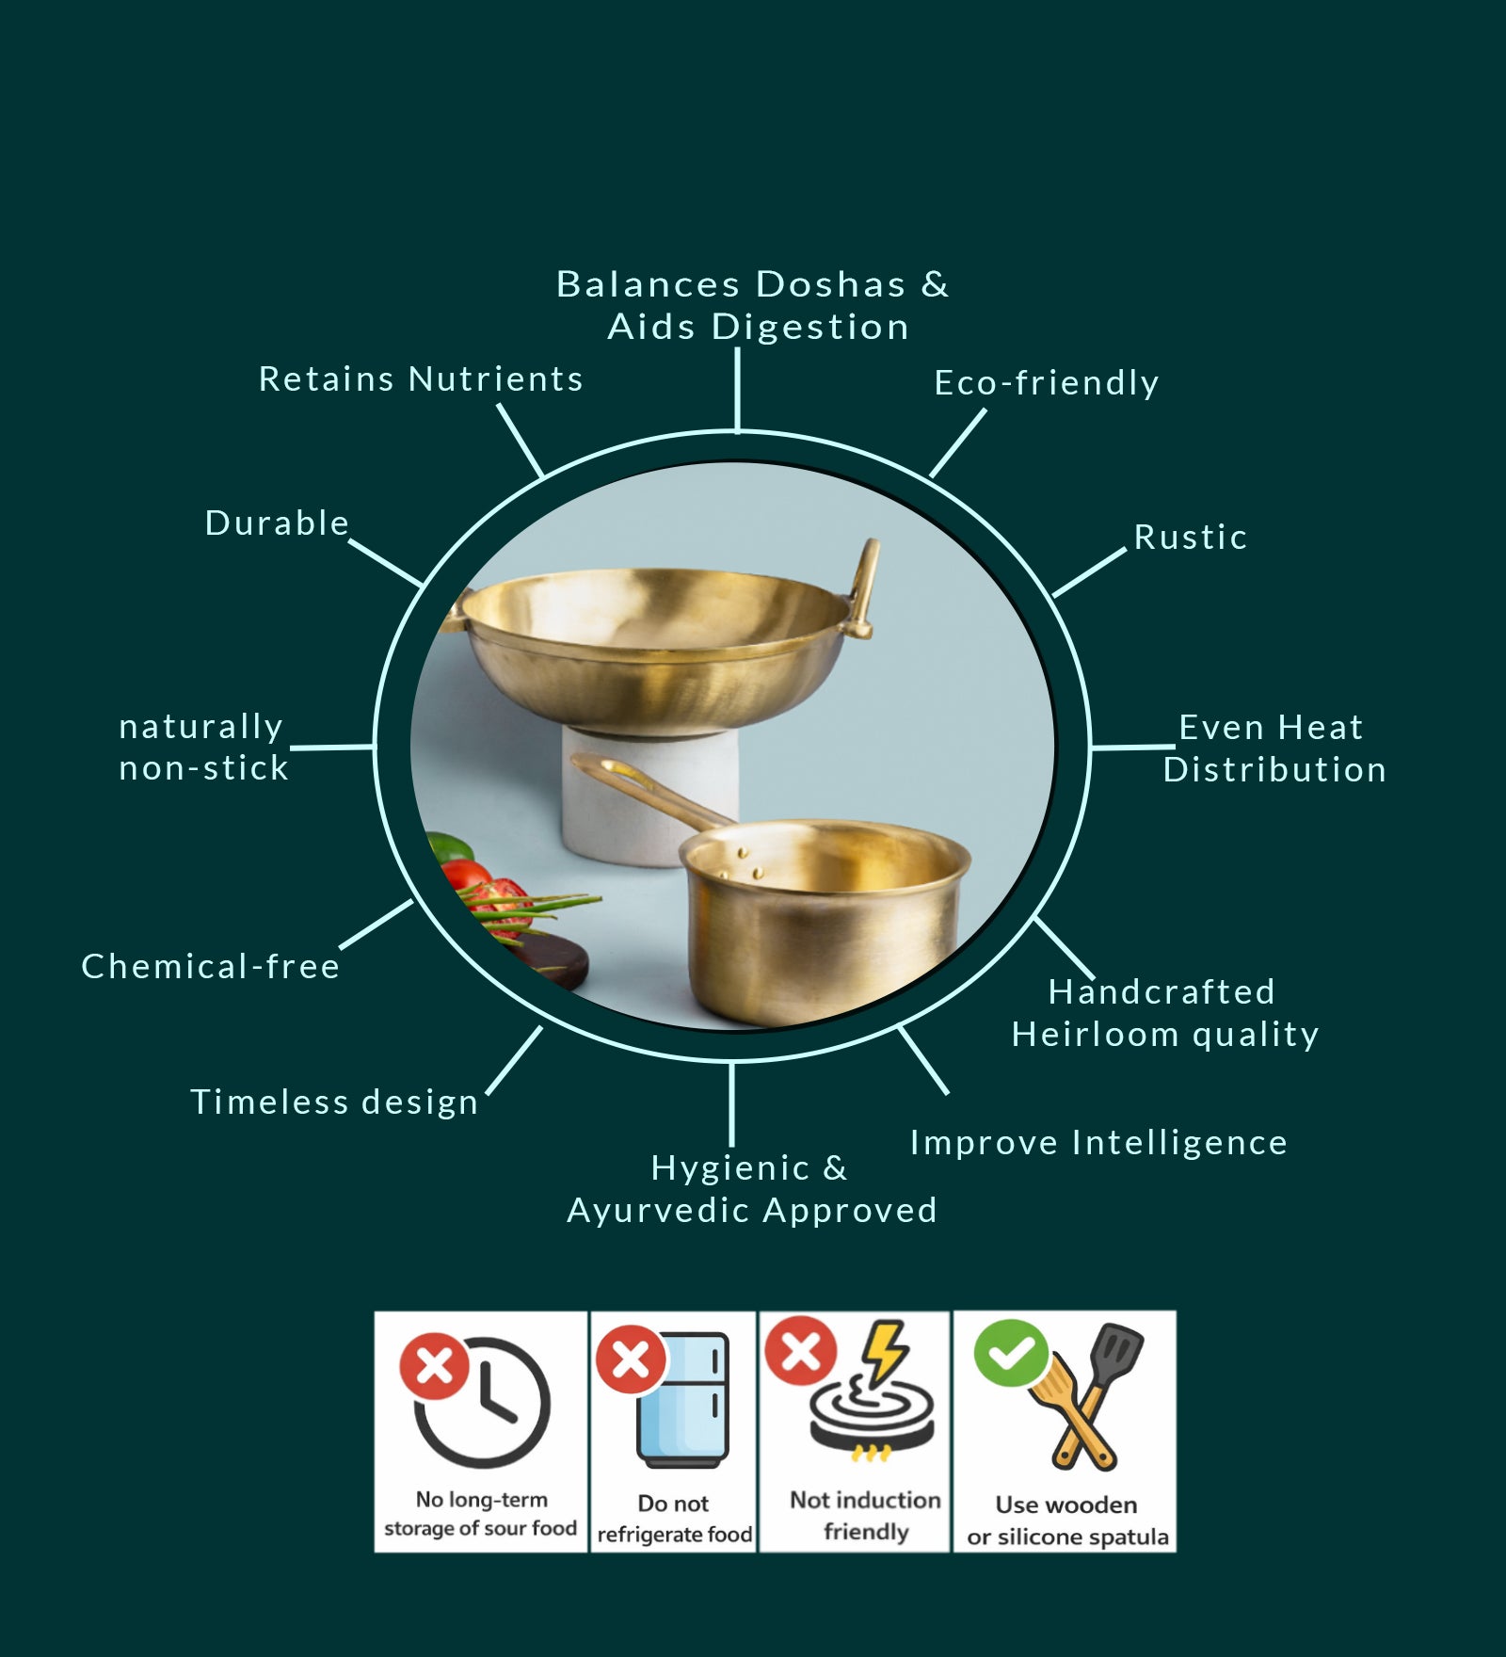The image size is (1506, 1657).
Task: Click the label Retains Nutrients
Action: point(421,379)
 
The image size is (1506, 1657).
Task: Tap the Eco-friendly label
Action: point(1046,383)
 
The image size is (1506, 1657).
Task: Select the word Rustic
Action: point(1190,538)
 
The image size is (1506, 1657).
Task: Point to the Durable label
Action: point(277,523)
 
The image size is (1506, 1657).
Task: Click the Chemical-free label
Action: point(210,967)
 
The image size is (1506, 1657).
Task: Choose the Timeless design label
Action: point(334,1102)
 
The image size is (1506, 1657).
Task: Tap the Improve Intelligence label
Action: point(1097,1143)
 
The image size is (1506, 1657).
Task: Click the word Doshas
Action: point(830,284)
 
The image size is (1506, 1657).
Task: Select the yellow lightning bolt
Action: point(884,1352)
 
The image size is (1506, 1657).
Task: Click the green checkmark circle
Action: point(1011,1353)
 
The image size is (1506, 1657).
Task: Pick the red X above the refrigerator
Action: point(631,1359)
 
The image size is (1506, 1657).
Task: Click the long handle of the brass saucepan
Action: point(649,791)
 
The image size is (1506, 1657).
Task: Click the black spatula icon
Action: point(1116,1356)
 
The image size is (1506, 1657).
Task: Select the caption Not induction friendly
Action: point(865,1515)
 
